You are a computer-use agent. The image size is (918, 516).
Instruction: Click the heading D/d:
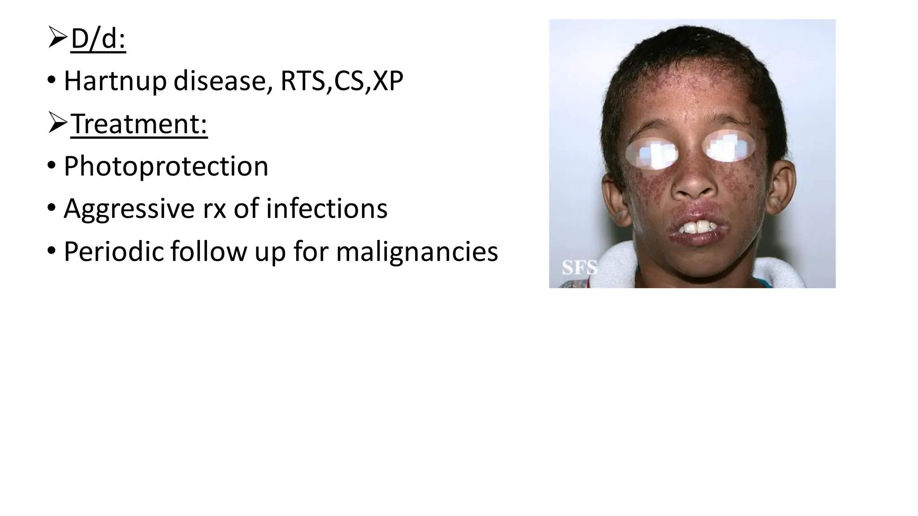click(98, 39)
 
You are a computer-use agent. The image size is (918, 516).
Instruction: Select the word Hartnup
click(115, 81)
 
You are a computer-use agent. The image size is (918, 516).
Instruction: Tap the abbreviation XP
click(388, 81)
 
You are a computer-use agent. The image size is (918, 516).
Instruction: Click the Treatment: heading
click(139, 124)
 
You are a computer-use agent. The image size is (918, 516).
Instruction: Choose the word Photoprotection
click(166, 166)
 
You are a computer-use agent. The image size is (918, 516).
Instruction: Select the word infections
click(326, 209)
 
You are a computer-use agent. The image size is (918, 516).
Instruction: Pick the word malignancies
click(417, 251)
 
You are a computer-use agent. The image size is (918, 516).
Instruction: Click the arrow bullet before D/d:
click(58, 38)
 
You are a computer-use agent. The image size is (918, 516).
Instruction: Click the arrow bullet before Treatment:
click(58, 123)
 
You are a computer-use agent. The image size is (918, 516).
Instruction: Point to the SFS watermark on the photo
click(580, 268)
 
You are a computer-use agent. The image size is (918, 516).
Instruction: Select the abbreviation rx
click(214, 209)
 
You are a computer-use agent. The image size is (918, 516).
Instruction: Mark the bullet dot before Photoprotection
click(51, 166)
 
